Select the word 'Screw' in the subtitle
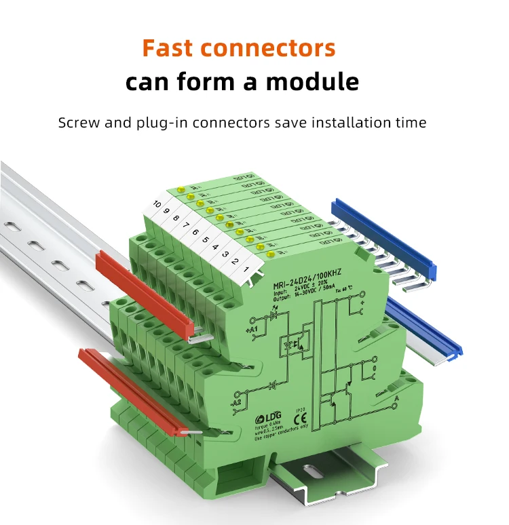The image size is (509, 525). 79,123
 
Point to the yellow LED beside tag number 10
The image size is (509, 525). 181,190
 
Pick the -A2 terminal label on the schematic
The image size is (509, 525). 237,403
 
